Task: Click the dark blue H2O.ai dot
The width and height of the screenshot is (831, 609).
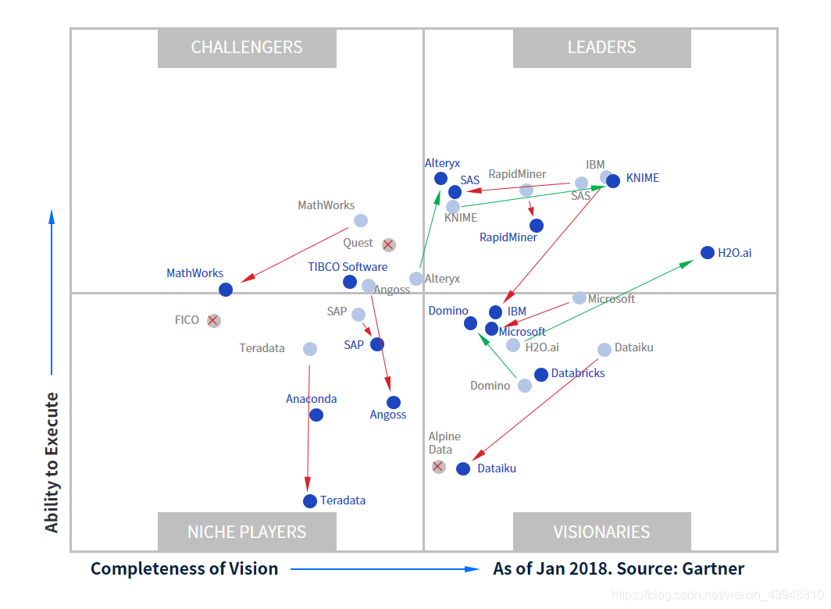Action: (x=707, y=252)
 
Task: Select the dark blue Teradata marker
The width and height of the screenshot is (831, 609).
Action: (x=310, y=501)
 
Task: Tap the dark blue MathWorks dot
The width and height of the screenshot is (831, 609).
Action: (x=226, y=290)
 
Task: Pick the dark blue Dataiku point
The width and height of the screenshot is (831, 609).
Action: (x=463, y=468)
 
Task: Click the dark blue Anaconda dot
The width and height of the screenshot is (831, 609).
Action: (x=316, y=415)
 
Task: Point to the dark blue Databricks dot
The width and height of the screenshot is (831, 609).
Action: (x=541, y=375)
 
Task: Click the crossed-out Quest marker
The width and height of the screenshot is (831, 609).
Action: (x=388, y=245)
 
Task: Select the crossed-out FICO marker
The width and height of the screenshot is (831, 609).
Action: (x=213, y=321)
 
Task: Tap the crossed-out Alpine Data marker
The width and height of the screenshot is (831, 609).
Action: (x=438, y=467)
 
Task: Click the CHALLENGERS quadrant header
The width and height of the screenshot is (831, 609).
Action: (x=247, y=48)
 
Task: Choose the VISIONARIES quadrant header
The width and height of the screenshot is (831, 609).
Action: (x=602, y=532)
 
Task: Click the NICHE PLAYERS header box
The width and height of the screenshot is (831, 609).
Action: (x=247, y=532)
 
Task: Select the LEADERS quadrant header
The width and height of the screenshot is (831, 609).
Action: (x=602, y=48)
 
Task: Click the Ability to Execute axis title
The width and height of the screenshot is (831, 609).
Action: (x=52, y=463)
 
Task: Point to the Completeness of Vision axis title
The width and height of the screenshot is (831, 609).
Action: (x=184, y=568)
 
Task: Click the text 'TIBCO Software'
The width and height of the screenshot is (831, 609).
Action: (x=348, y=266)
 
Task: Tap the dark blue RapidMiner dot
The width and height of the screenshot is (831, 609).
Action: (x=537, y=226)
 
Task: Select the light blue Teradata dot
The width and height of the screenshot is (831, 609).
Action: (x=310, y=349)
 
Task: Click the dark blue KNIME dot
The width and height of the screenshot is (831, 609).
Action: (x=613, y=181)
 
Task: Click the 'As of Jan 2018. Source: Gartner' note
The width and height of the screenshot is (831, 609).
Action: (x=619, y=568)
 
